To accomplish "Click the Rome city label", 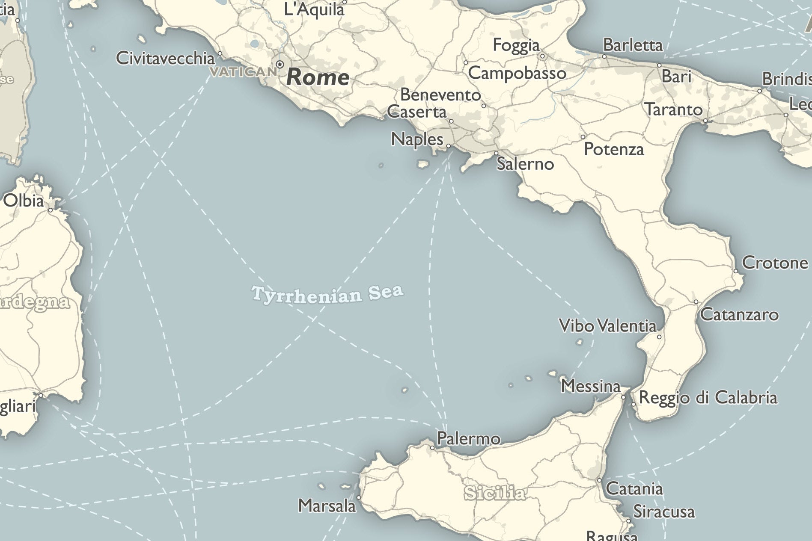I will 318,77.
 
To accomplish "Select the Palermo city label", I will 468,439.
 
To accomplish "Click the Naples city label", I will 417,139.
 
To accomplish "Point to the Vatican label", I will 243,71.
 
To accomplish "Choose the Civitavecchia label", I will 165,59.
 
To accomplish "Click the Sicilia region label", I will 494,493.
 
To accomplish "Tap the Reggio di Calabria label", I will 708,398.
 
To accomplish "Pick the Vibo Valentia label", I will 607,326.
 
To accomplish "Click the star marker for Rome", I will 280,65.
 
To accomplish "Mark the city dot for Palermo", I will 432,448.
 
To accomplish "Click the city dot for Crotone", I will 736,271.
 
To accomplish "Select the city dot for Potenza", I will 583,137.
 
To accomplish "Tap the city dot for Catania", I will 599,480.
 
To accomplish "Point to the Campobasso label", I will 517,73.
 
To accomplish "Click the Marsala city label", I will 327,506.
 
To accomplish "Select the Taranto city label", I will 673,110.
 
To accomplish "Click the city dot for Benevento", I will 484,106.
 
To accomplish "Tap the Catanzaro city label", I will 739,315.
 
